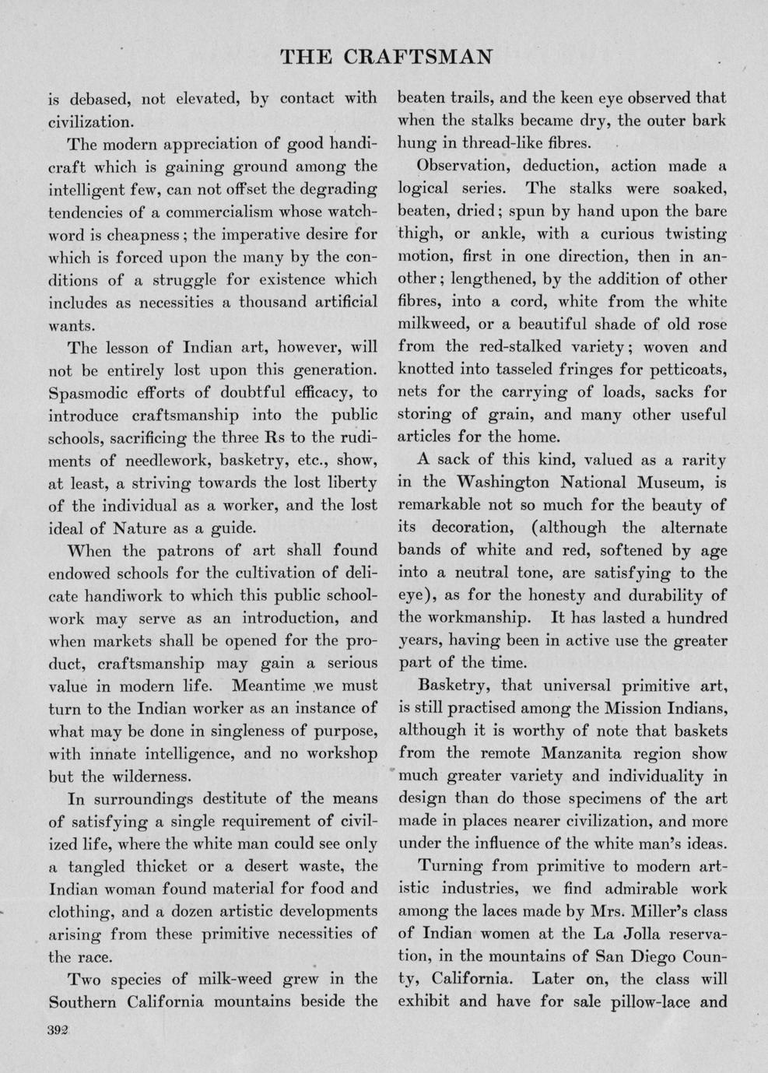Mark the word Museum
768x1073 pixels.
pyautogui.click(x=663, y=482)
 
